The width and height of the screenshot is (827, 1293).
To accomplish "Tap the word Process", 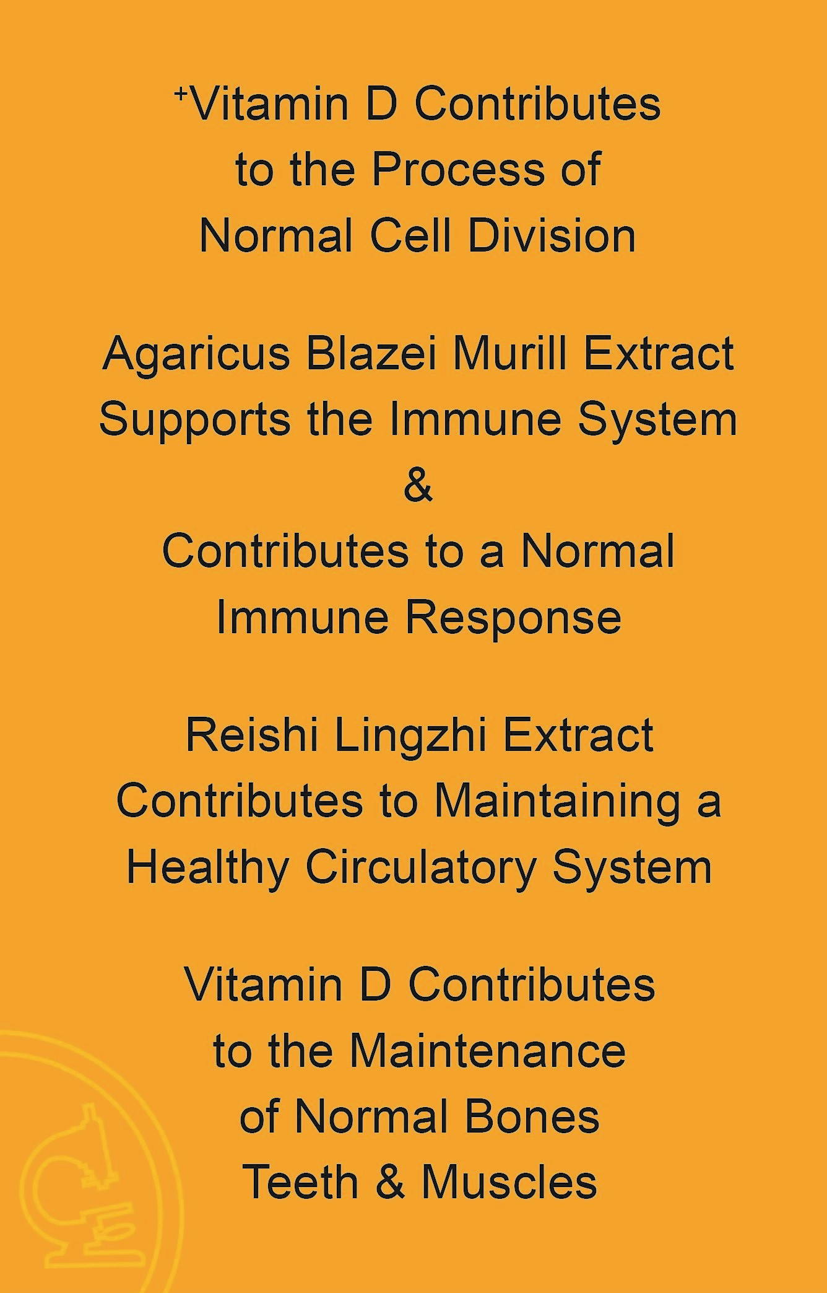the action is pyautogui.click(x=457, y=169).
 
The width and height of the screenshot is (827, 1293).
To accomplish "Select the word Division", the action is pyautogui.click(x=552, y=235).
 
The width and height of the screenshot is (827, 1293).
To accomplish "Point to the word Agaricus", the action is pyautogui.click(x=196, y=356).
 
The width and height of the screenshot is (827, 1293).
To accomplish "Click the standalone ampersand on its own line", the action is pyautogui.click(x=418, y=486).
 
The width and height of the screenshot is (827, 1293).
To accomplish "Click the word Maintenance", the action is pyautogui.click(x=488, y=1051).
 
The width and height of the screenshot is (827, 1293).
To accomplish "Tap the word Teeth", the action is pyautogui.click(x=301, y=1181).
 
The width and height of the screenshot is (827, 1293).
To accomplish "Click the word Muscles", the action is pyautogui.click(x=509, y=1181).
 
